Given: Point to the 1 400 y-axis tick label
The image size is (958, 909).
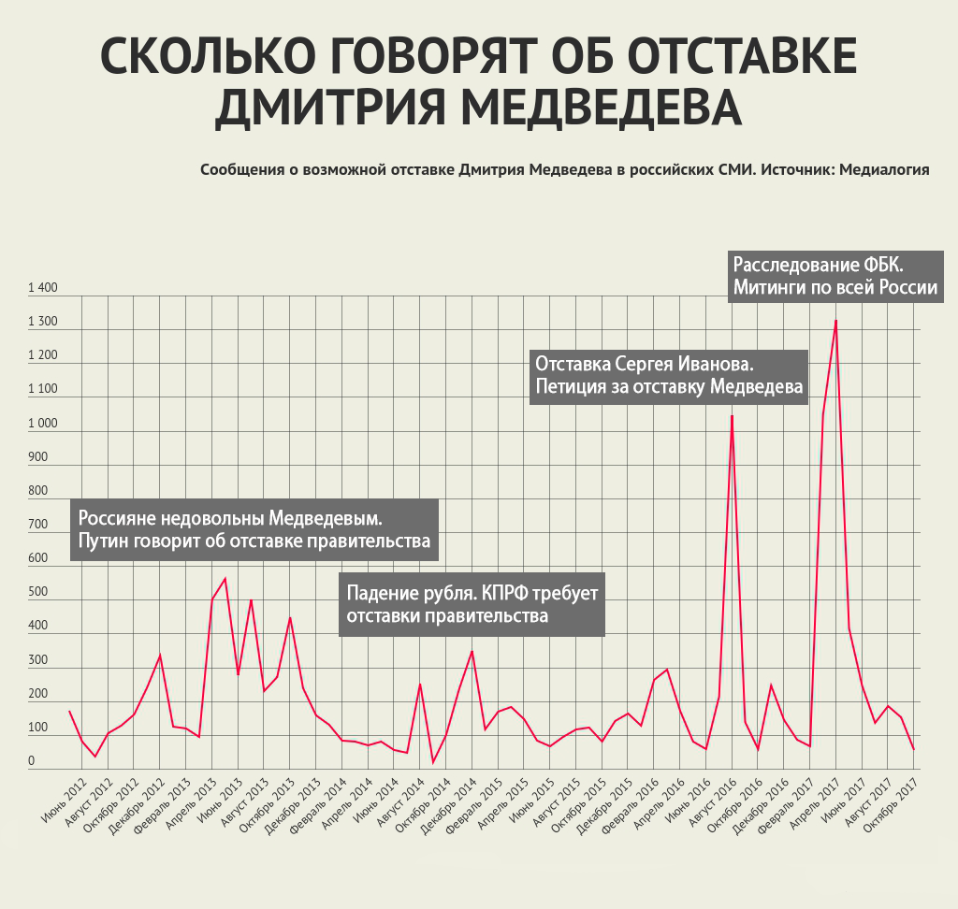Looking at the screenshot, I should pyautogui.click(x=43, y=289).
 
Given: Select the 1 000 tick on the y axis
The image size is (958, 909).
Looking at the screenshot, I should pyautogui.click(x=43, y=424).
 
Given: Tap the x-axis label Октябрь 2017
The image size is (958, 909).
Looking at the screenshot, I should pyautogui.click(x=889, y=803).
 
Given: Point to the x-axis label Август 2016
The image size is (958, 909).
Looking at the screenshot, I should pyautogui.click(x=708, y=802).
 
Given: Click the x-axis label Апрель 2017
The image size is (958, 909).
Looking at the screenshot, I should pyautogui.click(x=812, y=802).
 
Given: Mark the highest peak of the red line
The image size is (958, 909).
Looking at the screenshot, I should pyautogui.click(x=835, y=321).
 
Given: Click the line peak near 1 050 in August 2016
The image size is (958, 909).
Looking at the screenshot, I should pyautogui.click(x=732, y=416).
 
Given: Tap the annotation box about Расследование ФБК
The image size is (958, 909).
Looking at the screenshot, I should pyautogui.click(x=835, y=275).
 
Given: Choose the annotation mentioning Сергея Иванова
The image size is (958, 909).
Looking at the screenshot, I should pyautogui.click(x=668, y=375).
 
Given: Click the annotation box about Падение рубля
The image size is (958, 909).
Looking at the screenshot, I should pyautogui.click(x=472, y=605).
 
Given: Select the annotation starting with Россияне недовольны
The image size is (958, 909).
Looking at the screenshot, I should pyautogui.click(x=254, y=529).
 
